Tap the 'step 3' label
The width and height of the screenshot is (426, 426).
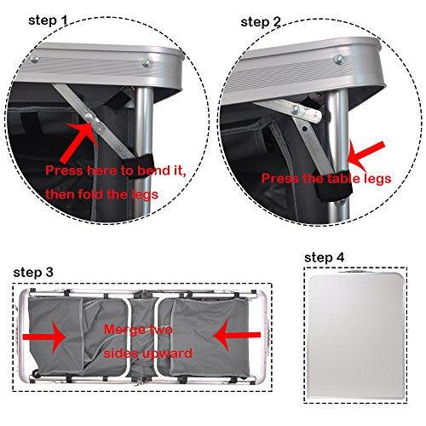click(35, 271)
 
